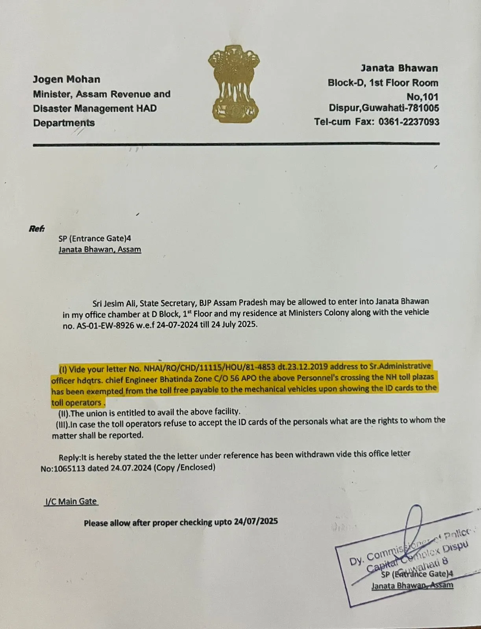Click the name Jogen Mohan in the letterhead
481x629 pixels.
click(66, 79)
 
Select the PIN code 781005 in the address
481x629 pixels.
click(424, 108)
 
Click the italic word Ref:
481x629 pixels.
click(37, 228)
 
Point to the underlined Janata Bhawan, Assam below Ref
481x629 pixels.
click(100, 249)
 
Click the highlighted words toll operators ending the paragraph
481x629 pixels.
click(77, 403)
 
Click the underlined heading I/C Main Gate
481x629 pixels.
click(71, 501)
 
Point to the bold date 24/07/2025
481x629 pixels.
click(256, 521)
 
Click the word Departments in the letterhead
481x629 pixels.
click(64, 123)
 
